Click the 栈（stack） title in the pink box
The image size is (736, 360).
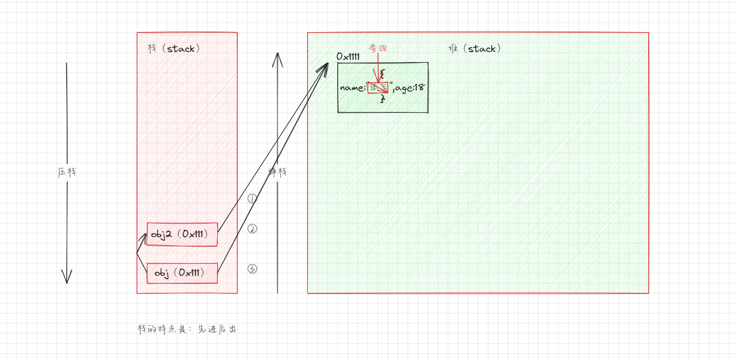(x=174, y=49)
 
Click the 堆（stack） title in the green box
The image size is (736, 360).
(x=475, y=49)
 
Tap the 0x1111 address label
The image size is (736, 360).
(x=348, y=57)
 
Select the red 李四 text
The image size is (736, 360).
(x=378, y=48)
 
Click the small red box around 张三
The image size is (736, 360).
(x=378, y=88)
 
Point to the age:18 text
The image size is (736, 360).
(x=410, y=88)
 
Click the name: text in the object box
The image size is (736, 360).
(x=353, y=88)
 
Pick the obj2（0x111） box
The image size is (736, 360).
(x=182, y=234)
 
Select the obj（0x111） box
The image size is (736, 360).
(x=182, y=273)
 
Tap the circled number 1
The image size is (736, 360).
(x=252, y=199)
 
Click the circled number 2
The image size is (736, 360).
(x=252, y=229)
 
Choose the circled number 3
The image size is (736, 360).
(x=252, y=269)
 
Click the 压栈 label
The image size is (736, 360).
(x=67, y=172)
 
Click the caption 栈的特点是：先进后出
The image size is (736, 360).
(x=187, y=329)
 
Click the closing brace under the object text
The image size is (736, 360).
(x=383, y=99)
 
